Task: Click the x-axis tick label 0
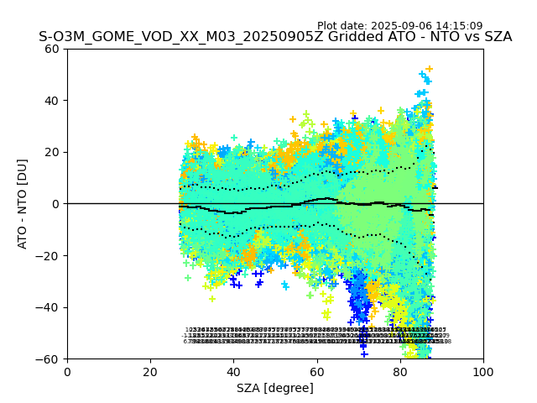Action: point(67,372)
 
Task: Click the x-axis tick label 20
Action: point(150,372)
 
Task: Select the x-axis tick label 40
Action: point(233,372)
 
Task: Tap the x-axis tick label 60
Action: point(316,372)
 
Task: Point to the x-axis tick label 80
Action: point(399,372)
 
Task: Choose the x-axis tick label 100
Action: point(483,372)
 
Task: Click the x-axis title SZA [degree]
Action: point(275,388)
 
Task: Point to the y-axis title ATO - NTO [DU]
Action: point(23,204)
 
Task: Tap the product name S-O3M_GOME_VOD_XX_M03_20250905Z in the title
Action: point(175,37)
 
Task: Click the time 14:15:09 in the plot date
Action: point(458,26)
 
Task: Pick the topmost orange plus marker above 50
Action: point(429,69)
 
